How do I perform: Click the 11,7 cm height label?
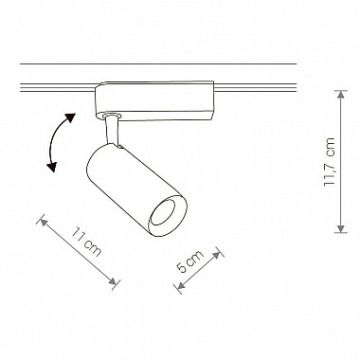coord(330,162)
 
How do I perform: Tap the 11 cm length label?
coord(86,242)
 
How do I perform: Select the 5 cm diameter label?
coord(190,261)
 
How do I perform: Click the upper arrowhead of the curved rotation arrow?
coord(70,117)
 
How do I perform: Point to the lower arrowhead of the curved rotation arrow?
coord(51,168)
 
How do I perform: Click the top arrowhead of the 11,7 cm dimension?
coord(341,95)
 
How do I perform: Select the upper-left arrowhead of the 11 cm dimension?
coord(44,223)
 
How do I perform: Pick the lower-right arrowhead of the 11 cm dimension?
coord(113,281)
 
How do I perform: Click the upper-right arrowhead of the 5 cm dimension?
coord(217,255)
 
